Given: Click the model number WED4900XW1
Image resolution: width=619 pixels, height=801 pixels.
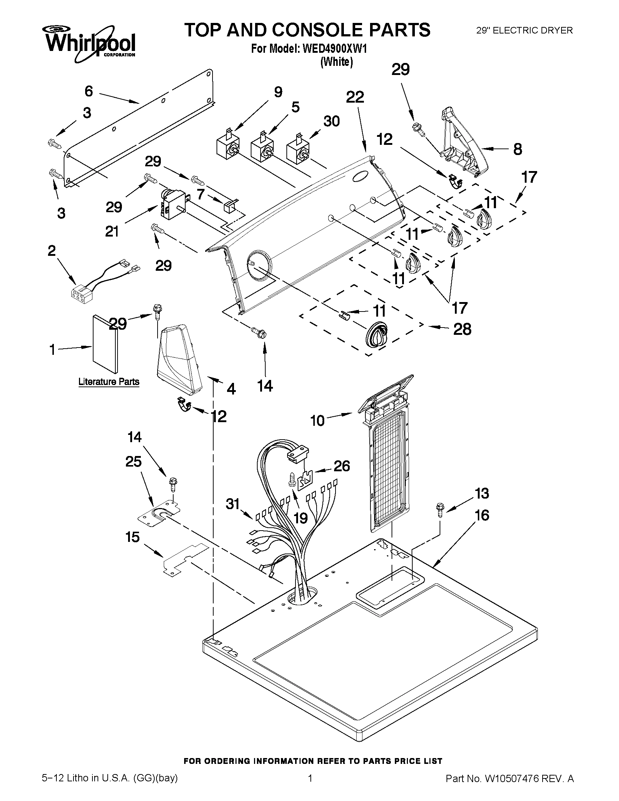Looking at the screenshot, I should click(334, 49).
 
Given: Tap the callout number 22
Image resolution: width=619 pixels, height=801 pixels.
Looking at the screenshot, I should click(354, 97).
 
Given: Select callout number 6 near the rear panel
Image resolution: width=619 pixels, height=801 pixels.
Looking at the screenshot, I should click(89, 91).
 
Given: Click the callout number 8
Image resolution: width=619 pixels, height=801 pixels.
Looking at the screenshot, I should click(517, 149).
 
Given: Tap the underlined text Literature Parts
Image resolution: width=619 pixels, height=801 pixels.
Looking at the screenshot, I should click(109, 382).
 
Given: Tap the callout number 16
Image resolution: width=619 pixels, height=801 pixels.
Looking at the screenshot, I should click(482, 515).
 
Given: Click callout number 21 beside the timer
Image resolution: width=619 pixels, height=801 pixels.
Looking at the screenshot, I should click(112, 231).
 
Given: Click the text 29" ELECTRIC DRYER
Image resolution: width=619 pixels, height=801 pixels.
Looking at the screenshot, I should click(524, 31).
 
